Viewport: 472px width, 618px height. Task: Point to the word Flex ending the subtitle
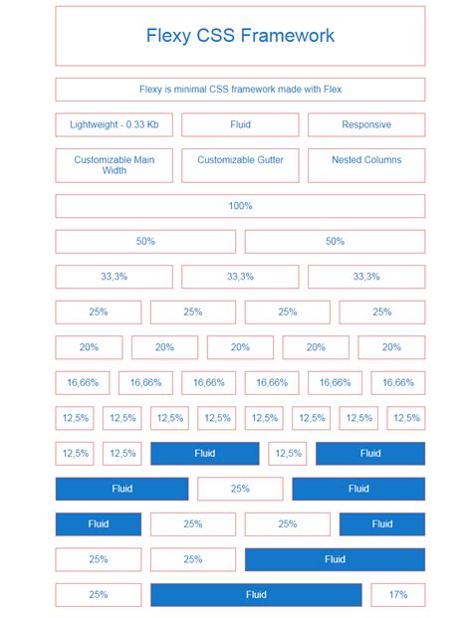point(331,90)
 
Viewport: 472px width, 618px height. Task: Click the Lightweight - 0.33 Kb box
point(114,124)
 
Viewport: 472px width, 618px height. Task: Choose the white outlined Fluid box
point(240,124)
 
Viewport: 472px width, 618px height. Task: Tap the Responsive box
point(365,124)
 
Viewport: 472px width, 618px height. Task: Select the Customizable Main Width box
point(114,165)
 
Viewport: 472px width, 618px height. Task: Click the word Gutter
point(264,159)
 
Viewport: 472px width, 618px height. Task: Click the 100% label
point(240,206)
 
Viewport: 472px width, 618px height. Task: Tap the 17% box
point(397,595)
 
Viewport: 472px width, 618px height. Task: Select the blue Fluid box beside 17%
point(256,595)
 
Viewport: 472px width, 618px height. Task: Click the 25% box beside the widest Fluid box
point(98,595)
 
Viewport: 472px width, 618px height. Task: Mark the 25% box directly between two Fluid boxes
point(240,489)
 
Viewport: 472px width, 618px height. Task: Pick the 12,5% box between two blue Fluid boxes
point(287,454)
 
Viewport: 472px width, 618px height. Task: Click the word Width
point(114,171)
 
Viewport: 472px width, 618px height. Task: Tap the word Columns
point(383,159)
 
